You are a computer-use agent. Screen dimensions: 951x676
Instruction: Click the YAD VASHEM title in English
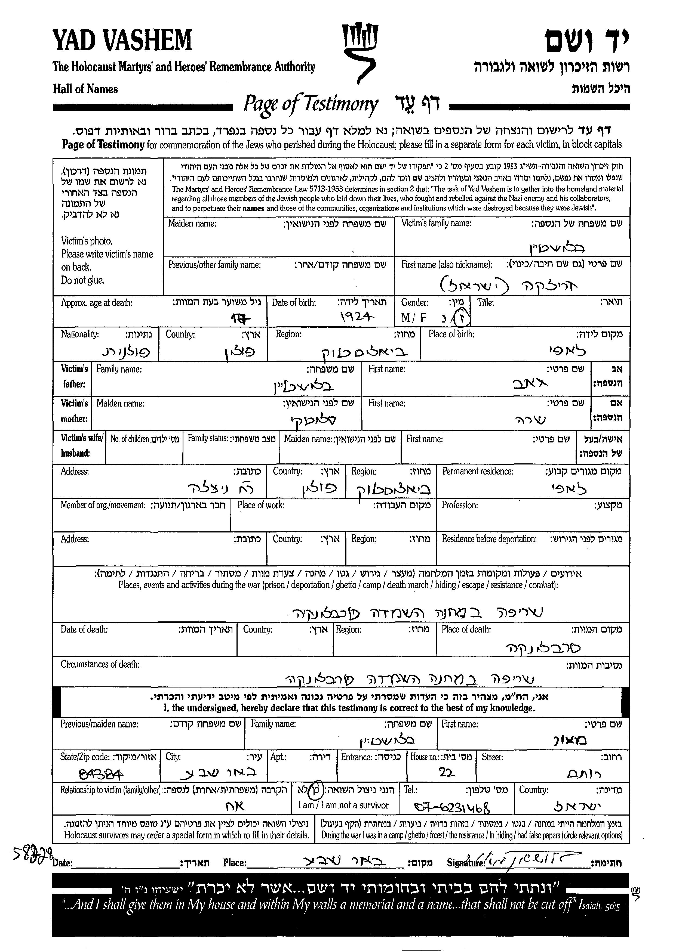[122, 40]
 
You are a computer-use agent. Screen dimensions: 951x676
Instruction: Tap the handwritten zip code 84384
[101, 774]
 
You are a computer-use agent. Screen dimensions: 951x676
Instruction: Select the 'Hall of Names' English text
[85, 89]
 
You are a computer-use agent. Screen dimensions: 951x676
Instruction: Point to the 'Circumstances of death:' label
[100, 664]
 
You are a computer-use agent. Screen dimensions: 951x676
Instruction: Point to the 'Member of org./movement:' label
[103, 505]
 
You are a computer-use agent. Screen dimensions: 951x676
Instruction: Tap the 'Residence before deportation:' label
[489, 539]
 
